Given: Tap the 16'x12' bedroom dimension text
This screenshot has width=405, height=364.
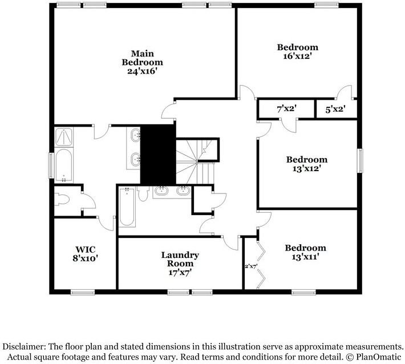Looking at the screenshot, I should click(297, 56).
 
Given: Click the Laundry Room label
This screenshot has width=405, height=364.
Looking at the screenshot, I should click(179, 264).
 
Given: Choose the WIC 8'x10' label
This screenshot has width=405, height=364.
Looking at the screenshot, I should click(85, 253).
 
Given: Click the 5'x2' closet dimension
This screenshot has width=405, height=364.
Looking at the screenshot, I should click(335, 108).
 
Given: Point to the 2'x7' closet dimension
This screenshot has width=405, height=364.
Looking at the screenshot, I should click(250, 266).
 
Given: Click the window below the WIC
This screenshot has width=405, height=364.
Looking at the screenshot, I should click(83, 292).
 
